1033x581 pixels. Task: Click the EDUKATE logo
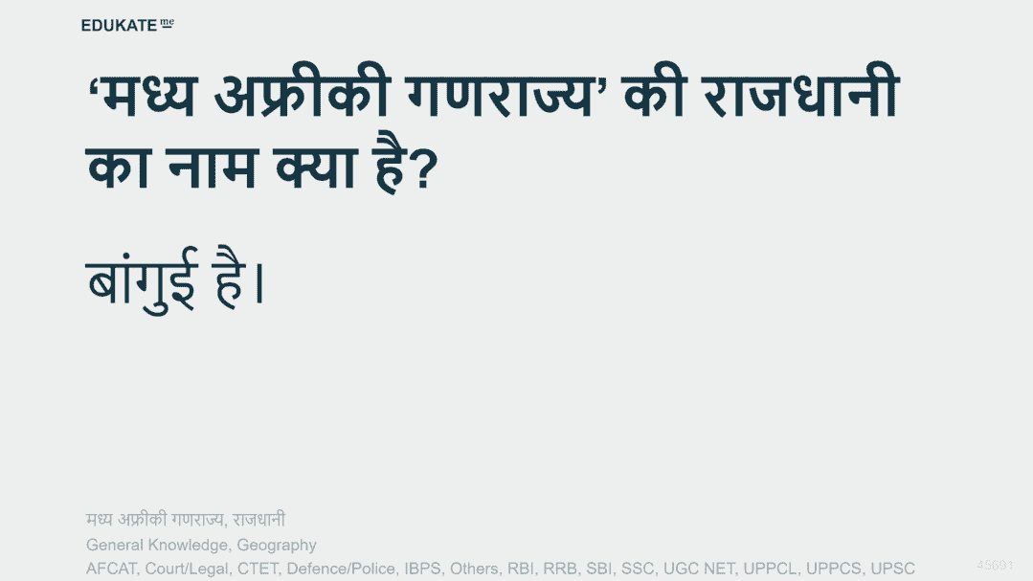(127, 25)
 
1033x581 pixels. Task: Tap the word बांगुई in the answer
(142, 279)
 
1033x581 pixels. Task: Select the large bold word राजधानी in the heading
(800, 93)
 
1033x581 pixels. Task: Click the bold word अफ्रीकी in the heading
(303, 93)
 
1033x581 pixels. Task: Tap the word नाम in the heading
(212, 168)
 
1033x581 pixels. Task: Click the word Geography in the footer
(277, 545)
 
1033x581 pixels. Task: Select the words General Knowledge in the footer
(157, 545)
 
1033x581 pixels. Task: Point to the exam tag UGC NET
(698, 569)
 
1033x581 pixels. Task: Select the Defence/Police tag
(341, 569)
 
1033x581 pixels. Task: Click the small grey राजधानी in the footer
(258, 519)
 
